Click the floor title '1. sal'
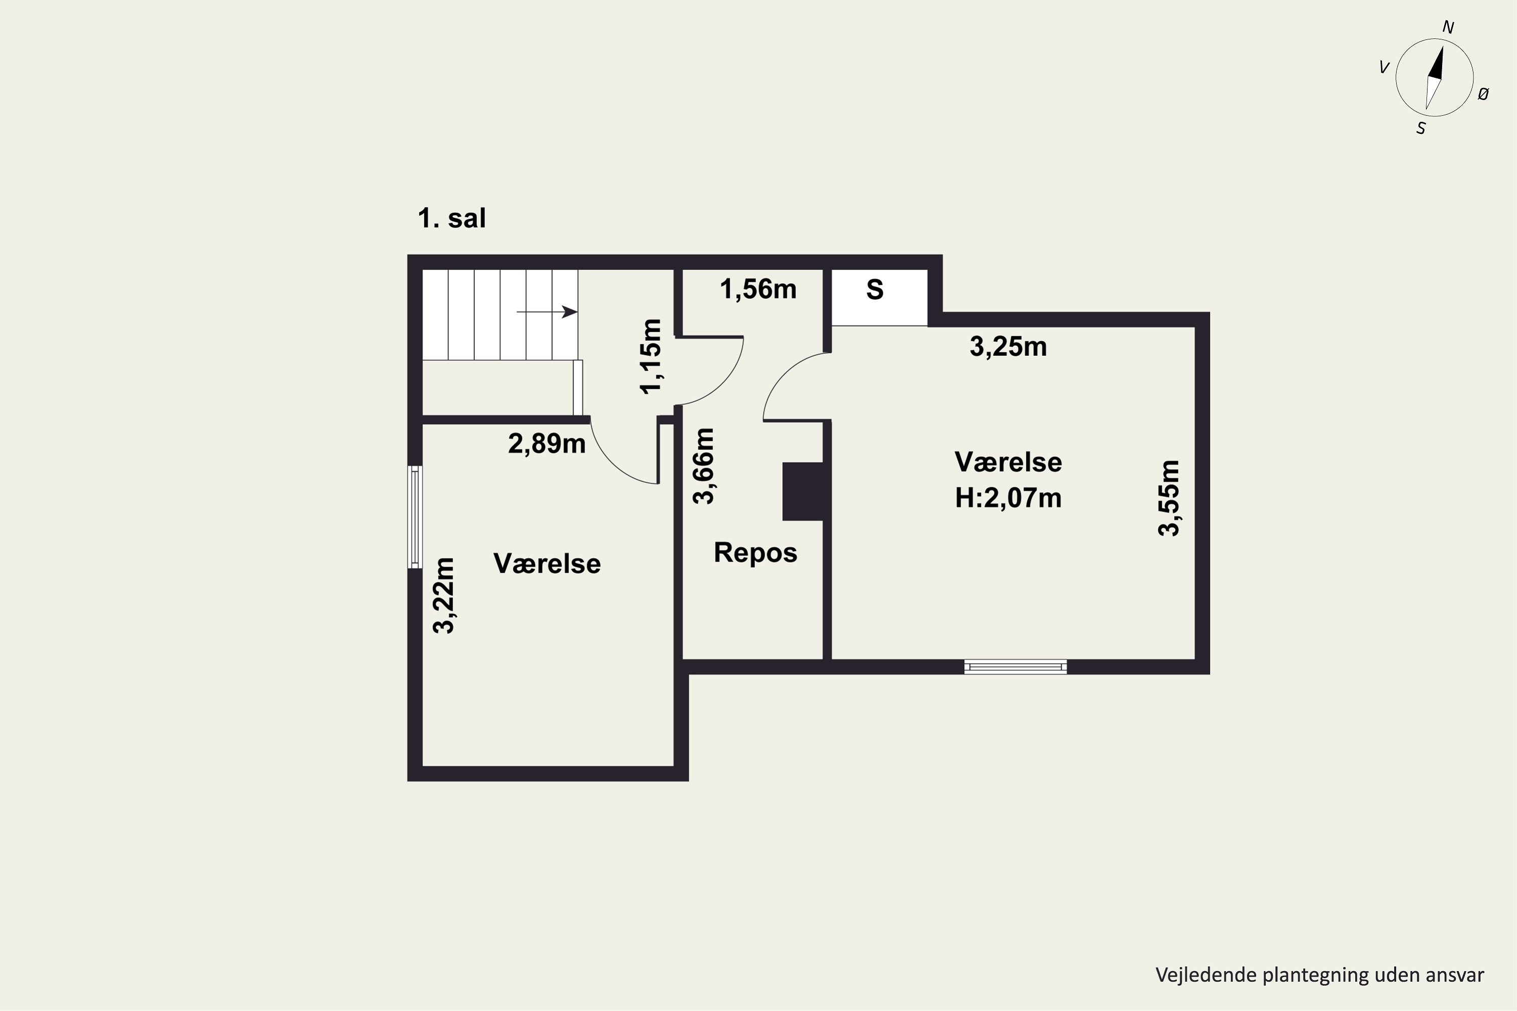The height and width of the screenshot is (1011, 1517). pyautogui.click(x=452, y=218)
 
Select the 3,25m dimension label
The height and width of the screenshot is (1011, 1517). pyautogui.click(x=1008, y=346)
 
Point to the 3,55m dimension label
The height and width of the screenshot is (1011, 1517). pyautogui.click(x=1169, y=498)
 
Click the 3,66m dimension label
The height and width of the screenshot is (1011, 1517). pyautogui.click(x=703, y=466)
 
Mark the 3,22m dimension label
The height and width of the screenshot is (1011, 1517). pyautogui.click(x=444, y=596)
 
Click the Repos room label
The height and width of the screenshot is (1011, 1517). pyautogui.click(x=755, y=553)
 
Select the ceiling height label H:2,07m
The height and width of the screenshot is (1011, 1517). pyautogui.click(x=1008, y=498)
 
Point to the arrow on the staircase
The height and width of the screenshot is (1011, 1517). pyautogui.click(x=547, y=312)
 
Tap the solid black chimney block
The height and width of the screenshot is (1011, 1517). pyautogui.click(x=803, y=491)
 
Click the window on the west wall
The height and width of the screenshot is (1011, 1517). pyautogui.click(x=415, y=517)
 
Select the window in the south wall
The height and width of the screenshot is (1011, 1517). pyautogui.click(x=1015, y=667)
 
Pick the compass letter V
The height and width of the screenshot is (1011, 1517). pyautogui.click(x=1384, y=67)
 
